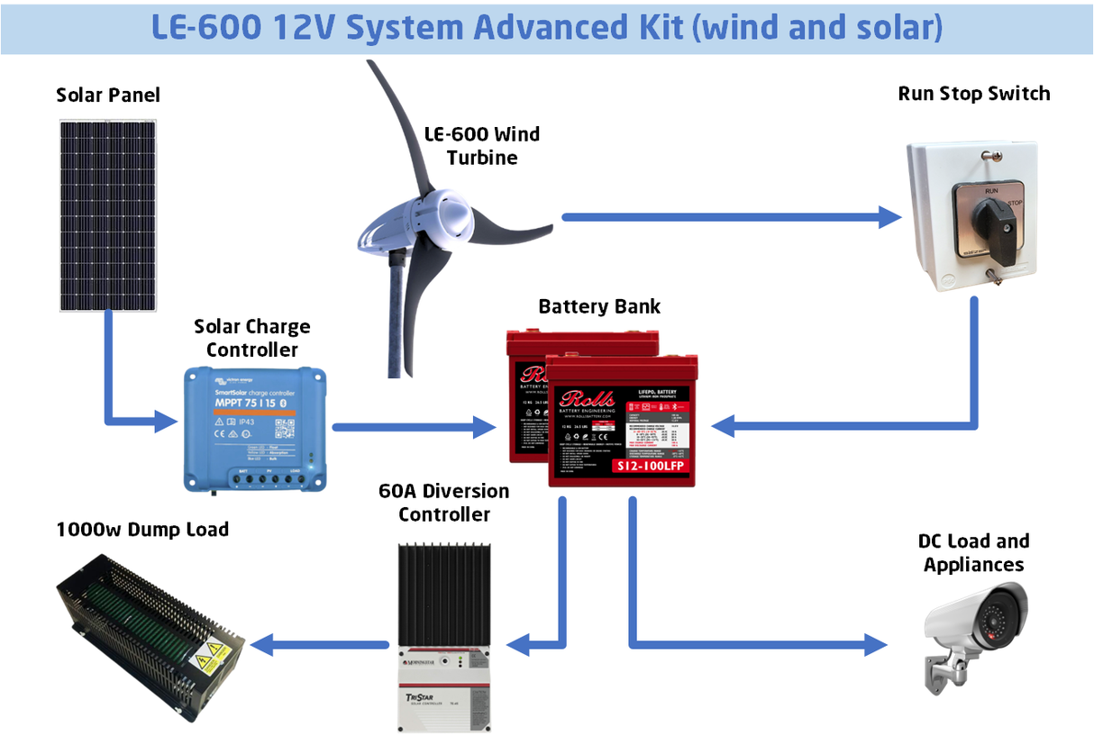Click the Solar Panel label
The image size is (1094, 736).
107,95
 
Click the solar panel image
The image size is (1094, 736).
107,216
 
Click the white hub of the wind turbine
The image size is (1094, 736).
448,216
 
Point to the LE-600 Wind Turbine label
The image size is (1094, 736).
482,146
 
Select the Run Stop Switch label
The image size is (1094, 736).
973,94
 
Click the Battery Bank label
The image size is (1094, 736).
599,306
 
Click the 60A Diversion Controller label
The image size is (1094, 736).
444,503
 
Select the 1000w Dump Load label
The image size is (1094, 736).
142,529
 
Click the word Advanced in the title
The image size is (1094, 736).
542,27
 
